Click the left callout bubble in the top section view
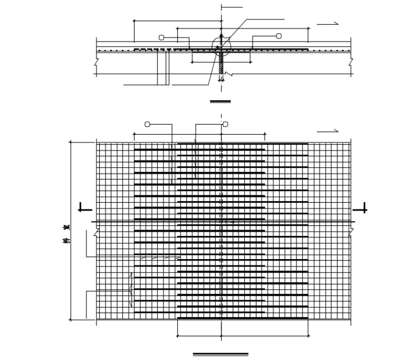point(161,37)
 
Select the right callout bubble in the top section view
point(279,36)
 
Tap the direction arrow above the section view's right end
point(327,24)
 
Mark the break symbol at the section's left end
point(96,62)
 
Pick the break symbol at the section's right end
point(351,62)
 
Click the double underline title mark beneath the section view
point(220,101)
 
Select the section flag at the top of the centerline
point(232,7)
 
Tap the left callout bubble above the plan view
point(147,124)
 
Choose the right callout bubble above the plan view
point(225,124)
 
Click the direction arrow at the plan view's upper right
point(327,131)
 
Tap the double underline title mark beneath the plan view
point(221,354)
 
